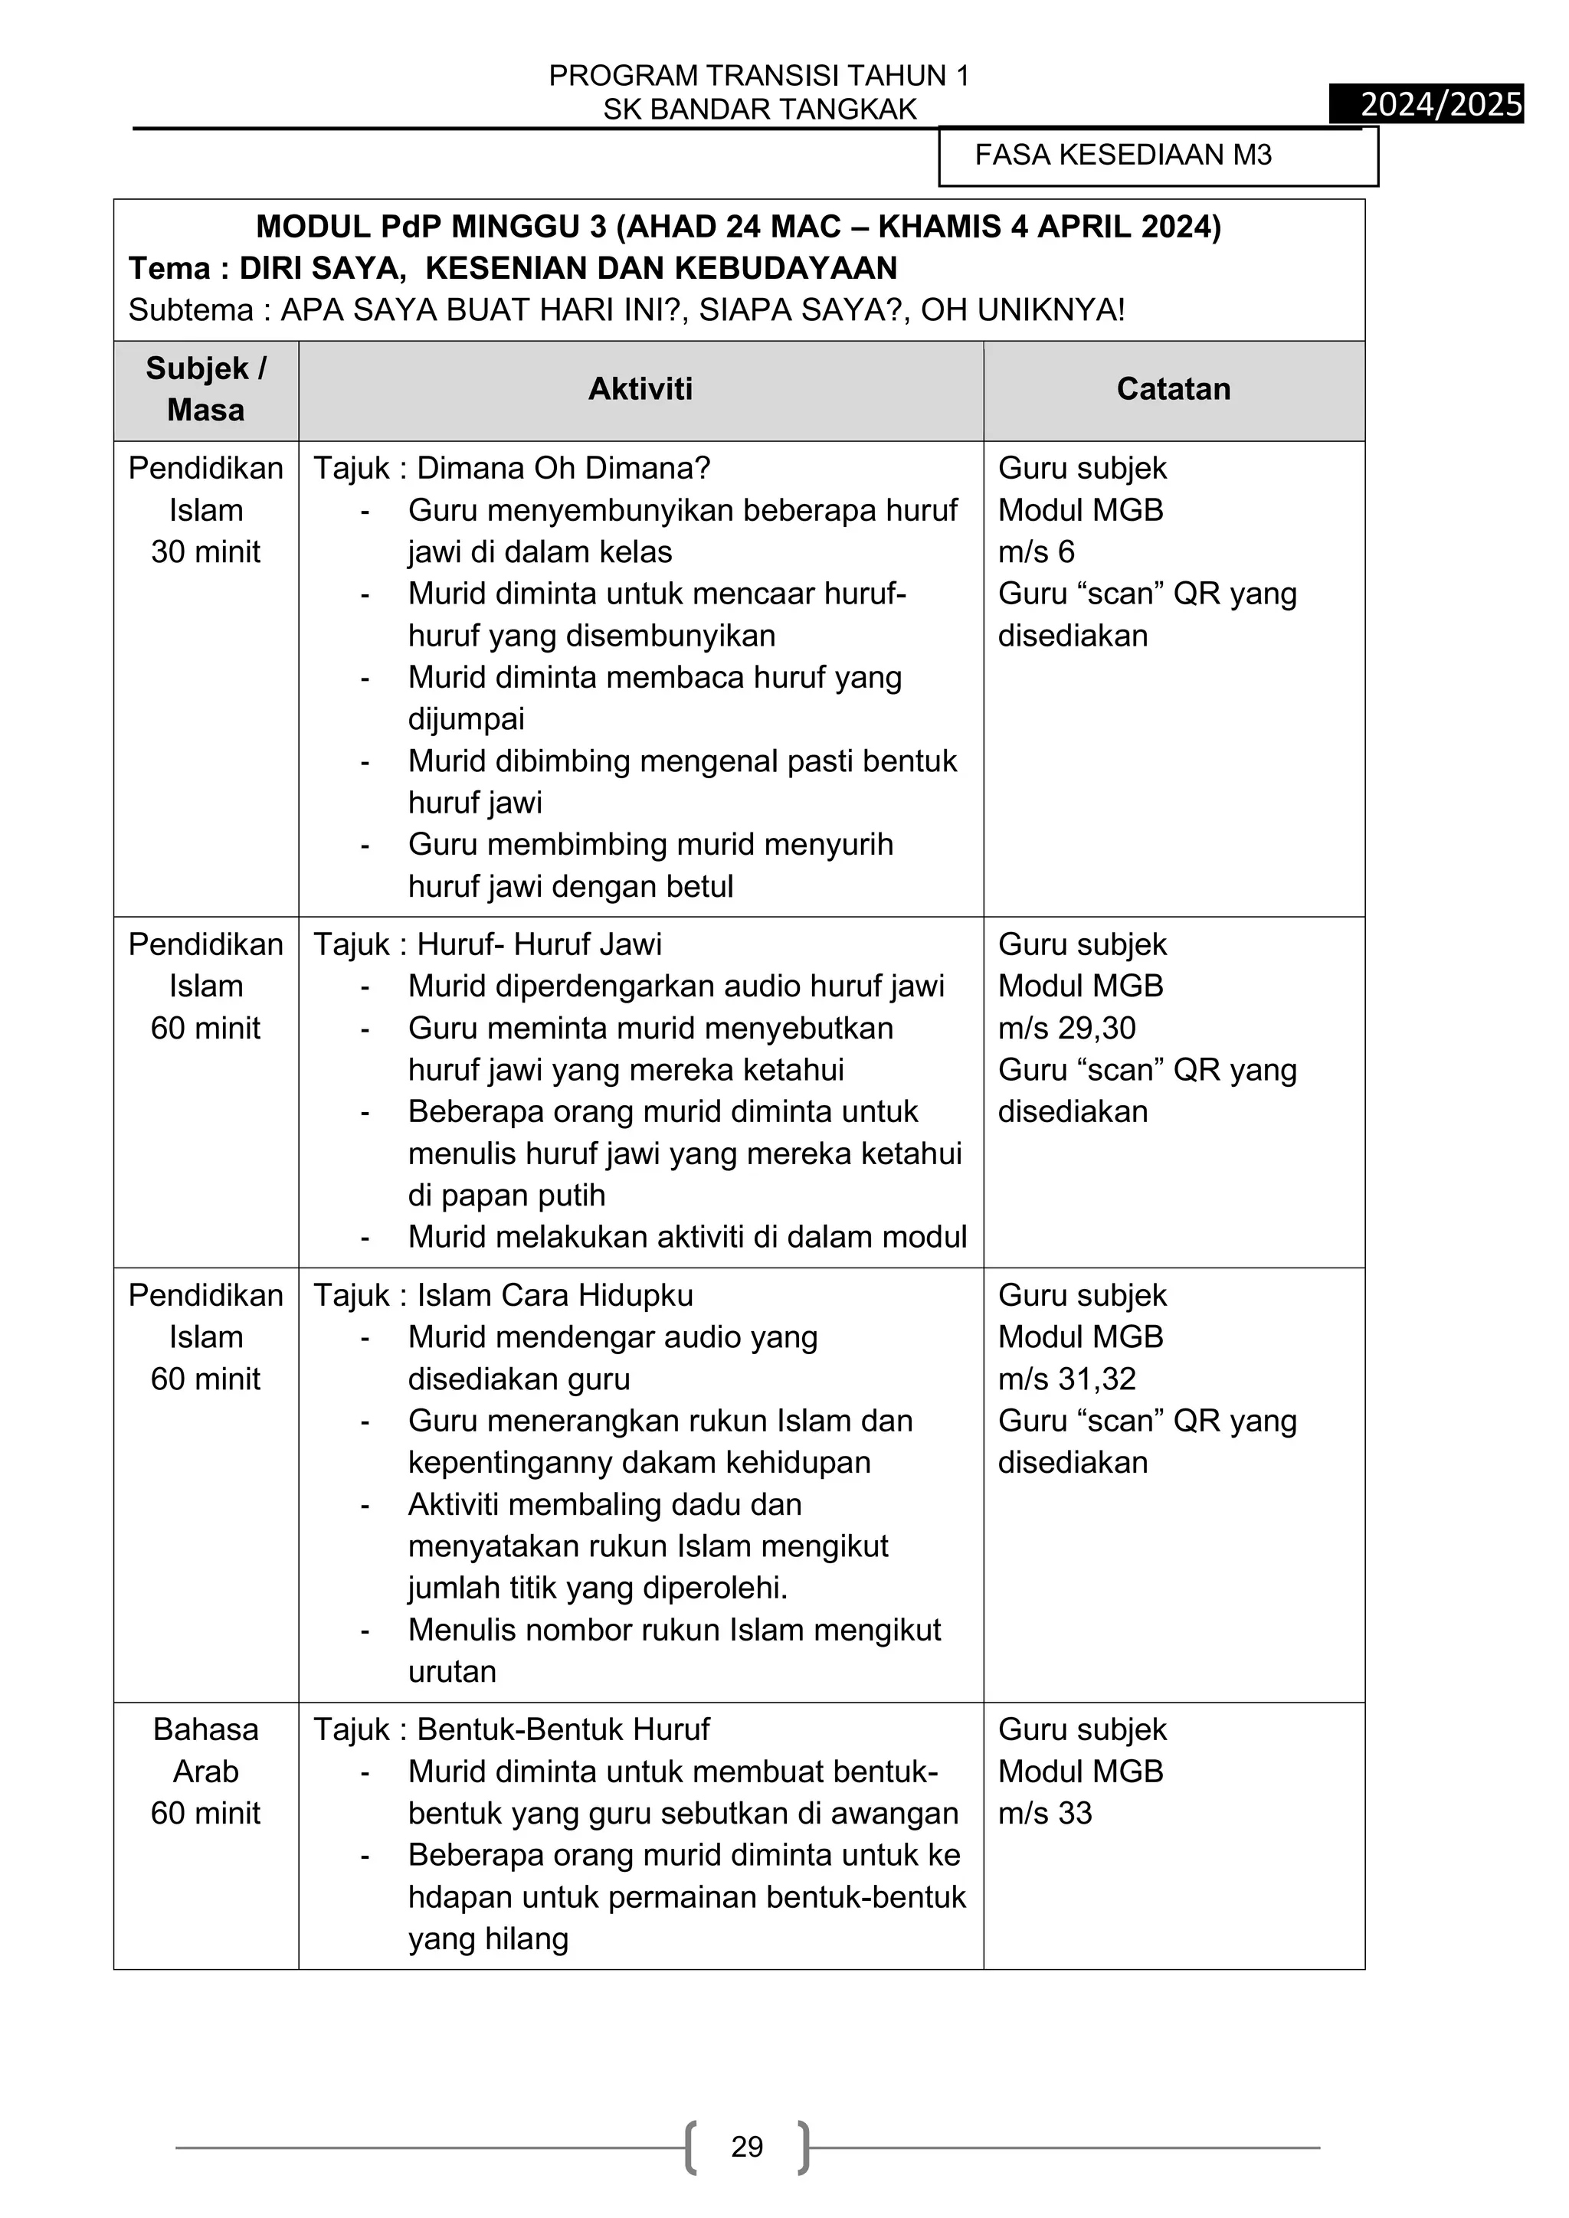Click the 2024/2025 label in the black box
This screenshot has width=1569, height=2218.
(x=1440, y=103)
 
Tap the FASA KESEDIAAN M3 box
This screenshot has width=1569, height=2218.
(x=1158, y=155)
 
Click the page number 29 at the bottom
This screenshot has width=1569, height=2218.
(x=747, y=2147)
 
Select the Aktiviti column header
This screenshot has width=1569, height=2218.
(x=640, y=389)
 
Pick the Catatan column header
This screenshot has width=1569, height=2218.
(x=1173, y=389)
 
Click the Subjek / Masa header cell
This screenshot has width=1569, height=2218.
(x=206, y=389)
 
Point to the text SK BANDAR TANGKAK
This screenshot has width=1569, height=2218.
(x=759, y=110)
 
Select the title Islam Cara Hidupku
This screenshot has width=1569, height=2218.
(x=555, y=1295)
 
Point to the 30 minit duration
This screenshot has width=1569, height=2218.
(x=206, y=551)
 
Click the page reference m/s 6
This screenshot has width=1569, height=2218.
(x=1036, y=551)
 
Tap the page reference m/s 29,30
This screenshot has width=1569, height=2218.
(x=1066, y=1028)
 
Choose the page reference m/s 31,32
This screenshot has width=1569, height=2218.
(x=1066, y=1379)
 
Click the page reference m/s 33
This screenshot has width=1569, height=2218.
(x=1044, y=1814)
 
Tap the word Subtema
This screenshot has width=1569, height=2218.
(x=190, y=310)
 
